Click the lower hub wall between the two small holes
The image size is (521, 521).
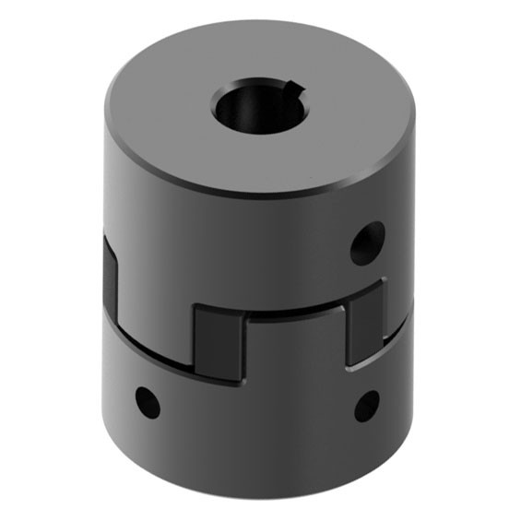tap(258, 415)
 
